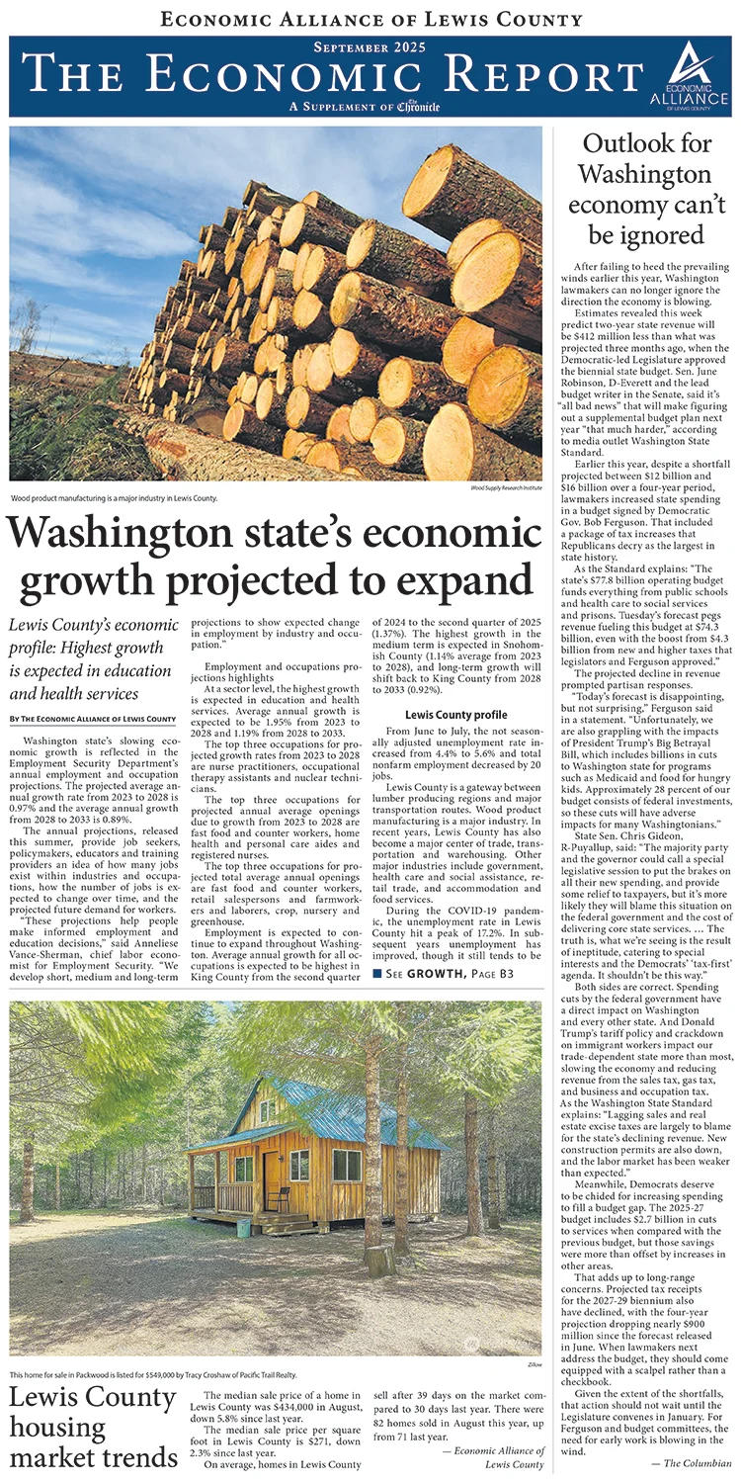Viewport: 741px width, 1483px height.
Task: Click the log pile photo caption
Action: click(x=114, y=498)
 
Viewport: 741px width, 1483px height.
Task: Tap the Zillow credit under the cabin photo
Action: click(x=531, y=1363)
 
